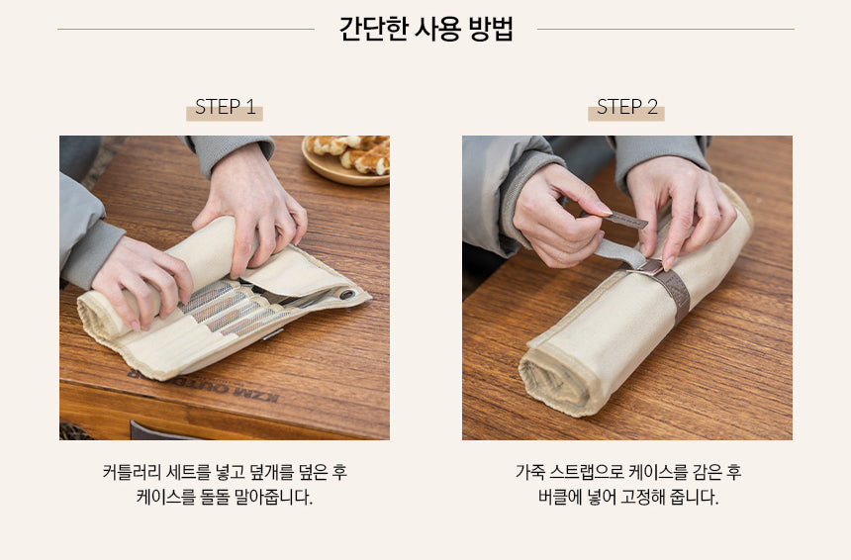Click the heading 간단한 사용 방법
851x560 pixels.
click(425, 29)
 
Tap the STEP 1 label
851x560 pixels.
click(225, 107)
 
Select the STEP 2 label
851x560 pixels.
click(626, 107)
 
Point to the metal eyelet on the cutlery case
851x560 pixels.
click(347, 294)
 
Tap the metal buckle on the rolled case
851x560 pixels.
click(650, 265)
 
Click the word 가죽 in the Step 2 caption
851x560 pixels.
click(530, 472)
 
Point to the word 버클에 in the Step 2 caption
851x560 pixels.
click(552, 497)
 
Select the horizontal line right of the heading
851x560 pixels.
click(665, 29)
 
